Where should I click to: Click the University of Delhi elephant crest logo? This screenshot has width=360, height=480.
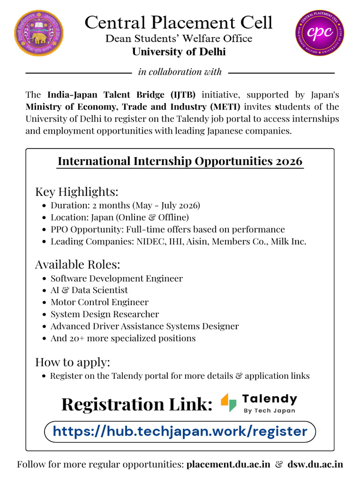(39, 33)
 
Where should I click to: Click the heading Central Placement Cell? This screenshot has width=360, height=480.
(179, 22)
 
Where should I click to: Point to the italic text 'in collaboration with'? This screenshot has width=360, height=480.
(180, 72)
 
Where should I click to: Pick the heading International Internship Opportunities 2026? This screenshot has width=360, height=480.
(180, 161)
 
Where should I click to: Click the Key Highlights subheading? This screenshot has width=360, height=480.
(76, 192)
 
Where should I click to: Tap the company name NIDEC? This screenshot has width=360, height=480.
(149, 241)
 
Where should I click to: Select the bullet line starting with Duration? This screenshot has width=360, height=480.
(125, 205)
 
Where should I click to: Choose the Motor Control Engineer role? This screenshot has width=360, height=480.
(99, 302)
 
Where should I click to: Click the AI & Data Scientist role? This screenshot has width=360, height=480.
(89, 290)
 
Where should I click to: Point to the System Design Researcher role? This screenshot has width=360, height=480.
(105, 314)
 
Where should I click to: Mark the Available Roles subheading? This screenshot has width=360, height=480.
(77, 264)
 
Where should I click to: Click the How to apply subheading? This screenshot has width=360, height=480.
(73, 362)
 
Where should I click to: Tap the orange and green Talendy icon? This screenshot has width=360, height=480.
(229, 402)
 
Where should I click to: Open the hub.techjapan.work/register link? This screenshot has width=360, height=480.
(180, 431)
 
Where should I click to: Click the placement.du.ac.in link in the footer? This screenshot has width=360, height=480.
(228, 465)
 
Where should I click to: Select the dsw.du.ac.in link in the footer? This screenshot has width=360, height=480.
(315, 465)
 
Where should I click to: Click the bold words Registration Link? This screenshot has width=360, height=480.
(137, 404)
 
